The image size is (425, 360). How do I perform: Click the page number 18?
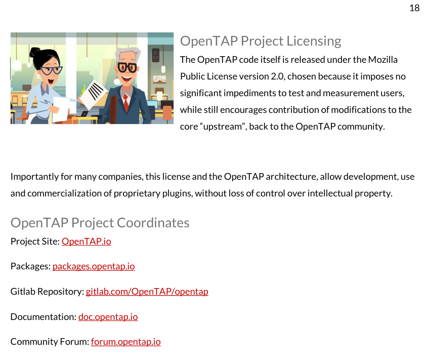click(x=414, y=8)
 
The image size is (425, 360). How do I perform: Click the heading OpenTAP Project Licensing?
click(x=261, y=41)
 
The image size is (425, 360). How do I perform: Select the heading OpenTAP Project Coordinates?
click(x=100, y=223)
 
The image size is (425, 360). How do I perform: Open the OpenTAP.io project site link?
click(x=86, y=242)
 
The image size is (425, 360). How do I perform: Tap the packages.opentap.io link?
click(x=94, y=266)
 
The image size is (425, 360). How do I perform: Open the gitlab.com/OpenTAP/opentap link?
click(x=147, y=292)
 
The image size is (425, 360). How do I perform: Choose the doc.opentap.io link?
click(x=108, y=317)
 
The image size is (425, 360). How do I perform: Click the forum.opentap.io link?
click(x=125, y=342)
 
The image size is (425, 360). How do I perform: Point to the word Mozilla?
click(x=382, y=60)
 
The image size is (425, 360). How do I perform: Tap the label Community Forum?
click(x=50, y=342)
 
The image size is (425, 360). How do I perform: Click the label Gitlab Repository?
click(x=47, y=292)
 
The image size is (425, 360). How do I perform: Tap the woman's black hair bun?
click(x=35, y=53)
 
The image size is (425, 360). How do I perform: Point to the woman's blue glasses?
click(x=51, y=70)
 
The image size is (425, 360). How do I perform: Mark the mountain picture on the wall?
click(x=159, y=79)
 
